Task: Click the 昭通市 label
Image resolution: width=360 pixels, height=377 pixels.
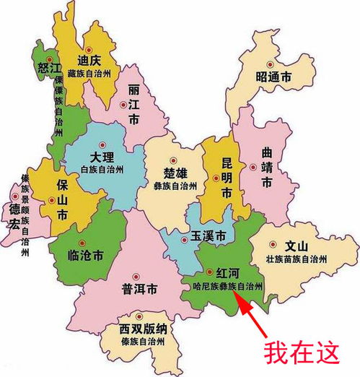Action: coord(273,77)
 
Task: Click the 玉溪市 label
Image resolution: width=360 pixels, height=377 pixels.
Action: coord(209,236)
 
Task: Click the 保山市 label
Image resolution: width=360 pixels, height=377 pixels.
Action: coord(63,199)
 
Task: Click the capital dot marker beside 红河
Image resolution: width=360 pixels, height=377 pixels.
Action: coord(210,272)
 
